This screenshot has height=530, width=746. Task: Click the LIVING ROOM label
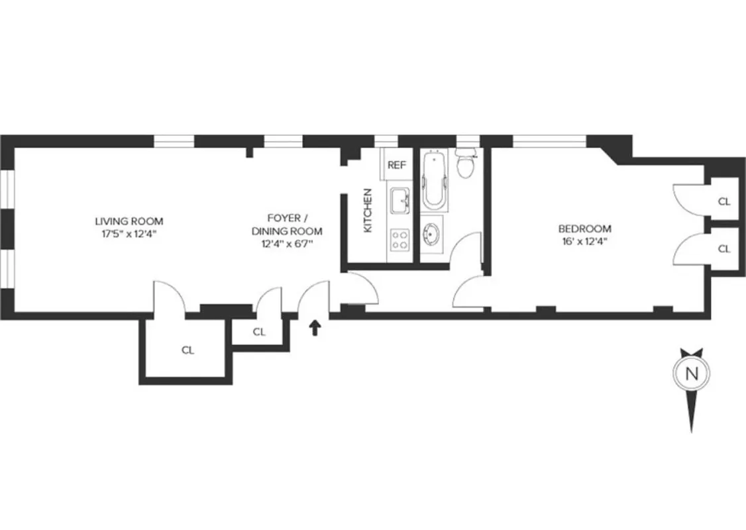click(x=129, y=221)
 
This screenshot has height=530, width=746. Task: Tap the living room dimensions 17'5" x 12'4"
click(x=129, y=233)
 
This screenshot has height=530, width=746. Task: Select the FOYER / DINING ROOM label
click(x=286, y=224)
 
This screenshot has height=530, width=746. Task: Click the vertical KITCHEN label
click(x=368, y=210)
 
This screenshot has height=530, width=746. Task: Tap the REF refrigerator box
click(x=396, y=165)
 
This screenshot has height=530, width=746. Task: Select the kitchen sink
click(x=400, y=201)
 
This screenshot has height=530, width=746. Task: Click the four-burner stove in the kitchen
click(x=400, y=239)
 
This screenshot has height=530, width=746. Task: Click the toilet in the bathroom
click(x=467, y=165)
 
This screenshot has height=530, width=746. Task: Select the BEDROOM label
click(x=583, y=229)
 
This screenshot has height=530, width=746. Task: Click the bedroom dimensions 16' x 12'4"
click(x=583, y=241)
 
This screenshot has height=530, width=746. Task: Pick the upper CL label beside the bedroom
click(x=724, y=201)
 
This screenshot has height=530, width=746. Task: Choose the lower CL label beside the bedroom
click(x=724, y=249)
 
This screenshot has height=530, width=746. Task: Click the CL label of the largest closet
click(x=188, y=350)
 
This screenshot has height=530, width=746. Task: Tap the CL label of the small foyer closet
click(x=259, y=332)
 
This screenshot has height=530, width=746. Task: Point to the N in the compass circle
click(x=692, y=373)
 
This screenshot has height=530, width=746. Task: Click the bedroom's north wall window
click(x=549, y=140)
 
